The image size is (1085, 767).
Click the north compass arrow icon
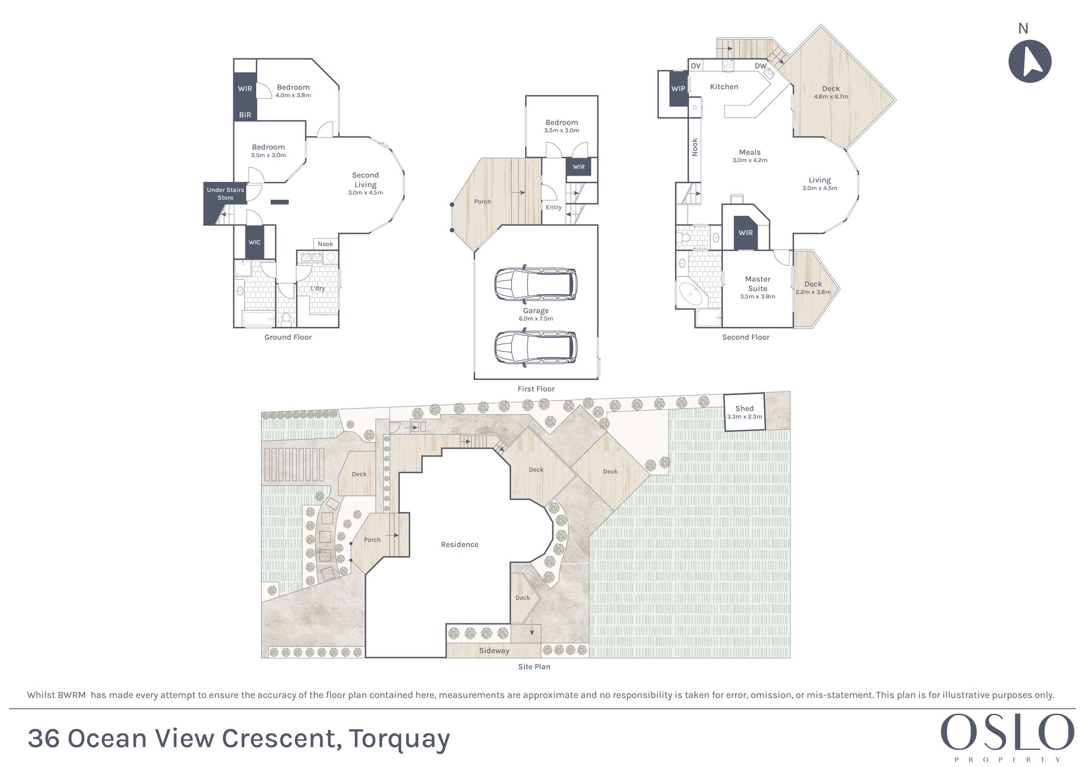pos(1030,60)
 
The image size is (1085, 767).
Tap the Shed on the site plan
pos(745,412)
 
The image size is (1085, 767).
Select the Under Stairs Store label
pos(225,194)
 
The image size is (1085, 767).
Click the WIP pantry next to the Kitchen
pos(678,89)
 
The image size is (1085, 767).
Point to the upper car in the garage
pos(536,283)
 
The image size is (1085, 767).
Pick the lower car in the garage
pos(536,348)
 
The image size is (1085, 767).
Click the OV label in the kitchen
pos(696,66)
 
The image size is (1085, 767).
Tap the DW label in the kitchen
pos(761,66)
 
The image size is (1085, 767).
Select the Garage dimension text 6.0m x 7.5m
pos(536,319)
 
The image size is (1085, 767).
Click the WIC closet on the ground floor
pos(254,242)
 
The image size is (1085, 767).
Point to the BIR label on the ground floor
pos(245,115)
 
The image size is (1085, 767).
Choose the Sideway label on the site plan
pos(494,651)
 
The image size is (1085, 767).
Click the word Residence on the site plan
pos(459,544)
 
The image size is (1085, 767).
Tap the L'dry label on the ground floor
pos(318,288)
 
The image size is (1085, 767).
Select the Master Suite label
pos(757,284)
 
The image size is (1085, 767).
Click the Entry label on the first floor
pos(553,207)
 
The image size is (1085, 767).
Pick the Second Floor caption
pos(746,337)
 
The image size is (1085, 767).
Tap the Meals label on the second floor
pos(750,152)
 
